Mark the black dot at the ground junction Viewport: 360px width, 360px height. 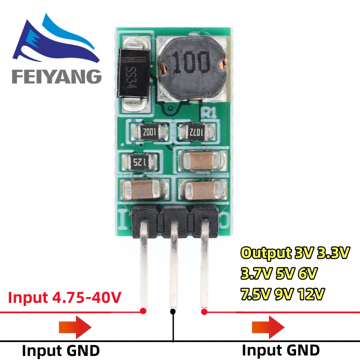[x=173, y=311]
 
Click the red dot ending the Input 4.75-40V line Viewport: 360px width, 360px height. [x=144, y=311]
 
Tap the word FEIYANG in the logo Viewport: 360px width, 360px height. [x=57, y=76]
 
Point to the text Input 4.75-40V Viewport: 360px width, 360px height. [x=64, y=297]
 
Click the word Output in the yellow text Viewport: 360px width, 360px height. [x=265, y=253]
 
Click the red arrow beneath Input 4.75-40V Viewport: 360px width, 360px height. [x=75, y=326]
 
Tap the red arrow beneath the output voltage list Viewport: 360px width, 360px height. [x=269, y=326]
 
